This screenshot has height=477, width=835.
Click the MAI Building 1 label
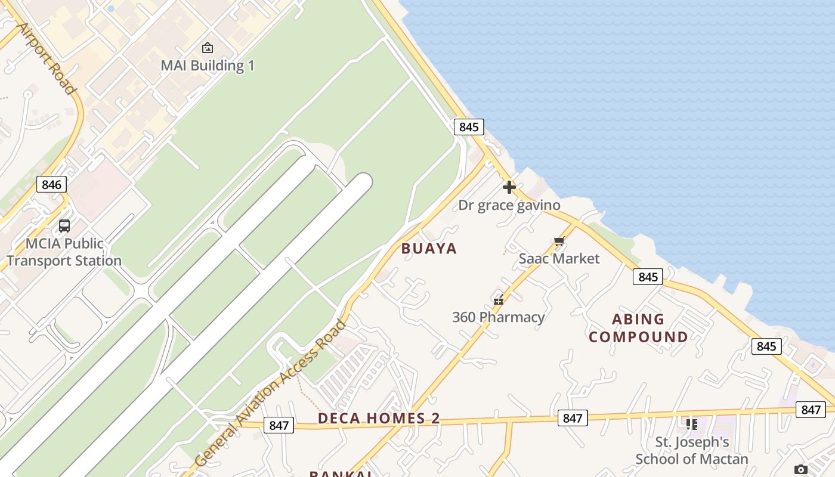tap(208, 66)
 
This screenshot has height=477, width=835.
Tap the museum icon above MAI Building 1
tap(208, 48)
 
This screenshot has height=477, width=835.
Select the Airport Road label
tap(47, 58)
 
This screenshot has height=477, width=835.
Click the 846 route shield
tap(51, 185)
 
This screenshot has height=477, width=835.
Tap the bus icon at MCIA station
tap(64, 226)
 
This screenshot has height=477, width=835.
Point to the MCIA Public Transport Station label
tap(64, 252)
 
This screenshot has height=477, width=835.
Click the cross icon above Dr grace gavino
tap(509, 187)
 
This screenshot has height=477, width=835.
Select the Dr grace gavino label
tap(509, 205)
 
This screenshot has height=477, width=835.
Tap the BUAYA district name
tap(429, 249)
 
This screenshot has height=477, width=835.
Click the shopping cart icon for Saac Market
tap(559, 241)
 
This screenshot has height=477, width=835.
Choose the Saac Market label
tap(559, 258)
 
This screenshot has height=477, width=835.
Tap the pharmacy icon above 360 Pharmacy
tap(499, 299)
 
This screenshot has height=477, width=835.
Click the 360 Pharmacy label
tap(499, 317)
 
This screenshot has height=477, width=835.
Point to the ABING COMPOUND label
tap(638, 328)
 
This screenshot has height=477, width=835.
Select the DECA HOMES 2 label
tap(379, 418)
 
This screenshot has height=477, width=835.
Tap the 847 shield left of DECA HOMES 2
tap(279, 425)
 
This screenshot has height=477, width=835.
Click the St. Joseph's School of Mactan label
tap(692, 451)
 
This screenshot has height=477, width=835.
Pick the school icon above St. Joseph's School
tap(692, 425)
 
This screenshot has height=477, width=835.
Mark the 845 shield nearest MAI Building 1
tap(469, 127)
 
